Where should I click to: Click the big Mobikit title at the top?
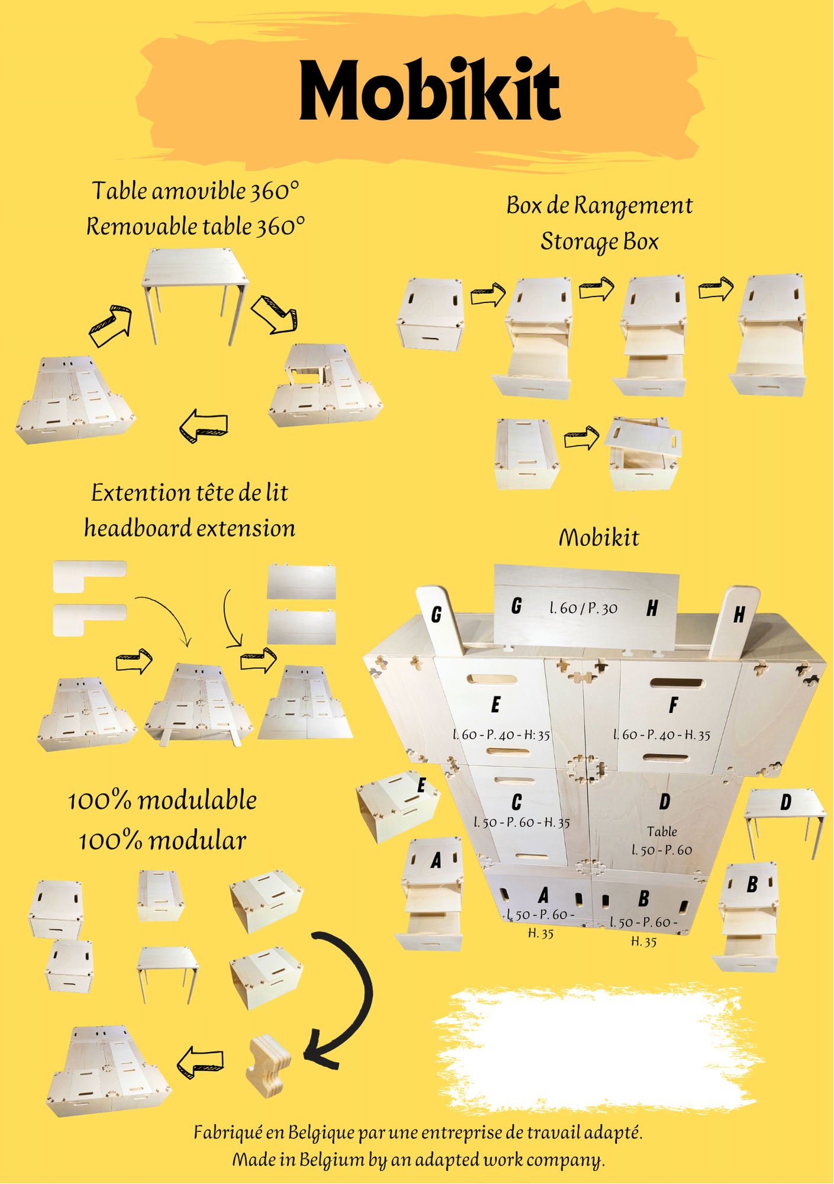[x=430, y=90]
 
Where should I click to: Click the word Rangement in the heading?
[x=633, y=206]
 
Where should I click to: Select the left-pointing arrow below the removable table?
[x=204, y=425]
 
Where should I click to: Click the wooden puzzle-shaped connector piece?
[x=268, y=1066]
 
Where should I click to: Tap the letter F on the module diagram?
[x=673, y=705]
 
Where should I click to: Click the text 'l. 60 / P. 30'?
[x=583, y=608]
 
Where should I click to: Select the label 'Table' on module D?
[x=662, y=831]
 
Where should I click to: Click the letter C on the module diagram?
[x=517, y=802]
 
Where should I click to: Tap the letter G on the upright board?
[x=436, y=615]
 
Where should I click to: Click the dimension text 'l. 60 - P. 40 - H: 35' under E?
[x=501, y=735]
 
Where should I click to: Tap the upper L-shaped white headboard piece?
[x=89, y=576]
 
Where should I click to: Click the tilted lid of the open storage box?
[x=643, y=436]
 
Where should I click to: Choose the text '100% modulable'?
[x=162, y=801]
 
